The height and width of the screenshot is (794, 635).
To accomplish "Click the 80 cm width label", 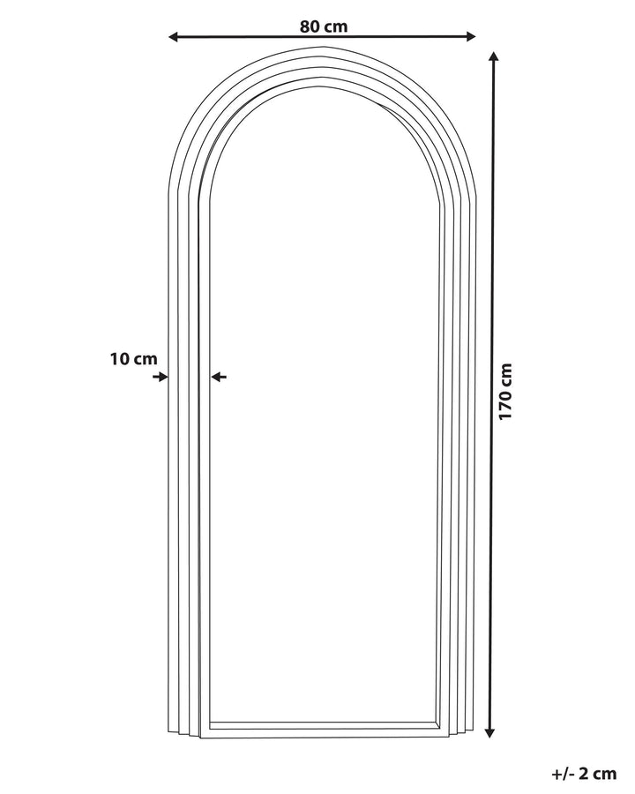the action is (324, 26).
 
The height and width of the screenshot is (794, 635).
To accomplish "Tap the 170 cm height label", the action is (505, 391).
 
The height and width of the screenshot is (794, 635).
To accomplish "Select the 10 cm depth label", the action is (134, 359).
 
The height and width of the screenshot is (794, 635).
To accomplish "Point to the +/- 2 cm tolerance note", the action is (583, 774).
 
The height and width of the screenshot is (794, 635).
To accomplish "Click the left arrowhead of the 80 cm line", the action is (173, 36).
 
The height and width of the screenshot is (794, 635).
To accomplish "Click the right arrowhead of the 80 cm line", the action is (471, 36).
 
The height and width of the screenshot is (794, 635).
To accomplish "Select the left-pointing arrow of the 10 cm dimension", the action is (220, 377).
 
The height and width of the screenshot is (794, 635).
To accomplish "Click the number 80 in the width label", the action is (310, 26).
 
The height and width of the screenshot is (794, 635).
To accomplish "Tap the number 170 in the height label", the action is (505, 406).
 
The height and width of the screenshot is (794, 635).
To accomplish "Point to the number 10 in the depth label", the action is (119, 359).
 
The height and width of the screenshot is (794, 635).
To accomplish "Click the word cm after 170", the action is (505, 376).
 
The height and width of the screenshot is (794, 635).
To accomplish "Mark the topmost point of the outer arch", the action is (323, 47).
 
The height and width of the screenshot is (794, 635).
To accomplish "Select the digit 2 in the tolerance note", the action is (586, 774).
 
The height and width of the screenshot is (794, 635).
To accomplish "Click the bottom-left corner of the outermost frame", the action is (168, 730).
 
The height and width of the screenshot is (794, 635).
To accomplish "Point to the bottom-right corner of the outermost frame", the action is (475, 727).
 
